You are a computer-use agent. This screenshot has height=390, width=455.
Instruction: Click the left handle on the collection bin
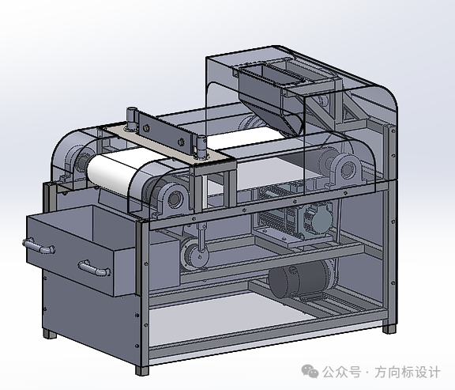click(x=39, y=246)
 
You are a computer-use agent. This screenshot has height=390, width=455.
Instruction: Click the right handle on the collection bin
click(x=94, y=267)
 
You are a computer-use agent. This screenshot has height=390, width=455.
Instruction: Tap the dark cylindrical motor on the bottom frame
click(x=299, y=279)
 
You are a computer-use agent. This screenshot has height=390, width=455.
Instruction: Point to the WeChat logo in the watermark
click(x=310, y=371)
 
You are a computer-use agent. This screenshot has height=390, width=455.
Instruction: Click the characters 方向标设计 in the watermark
click(x=408, y=373)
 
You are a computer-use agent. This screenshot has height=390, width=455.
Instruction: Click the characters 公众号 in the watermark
click(x=341, y=373)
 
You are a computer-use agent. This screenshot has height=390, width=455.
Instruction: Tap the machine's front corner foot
click(x=142, y=370)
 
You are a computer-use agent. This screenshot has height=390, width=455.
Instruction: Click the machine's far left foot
click(x=50, y=334)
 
